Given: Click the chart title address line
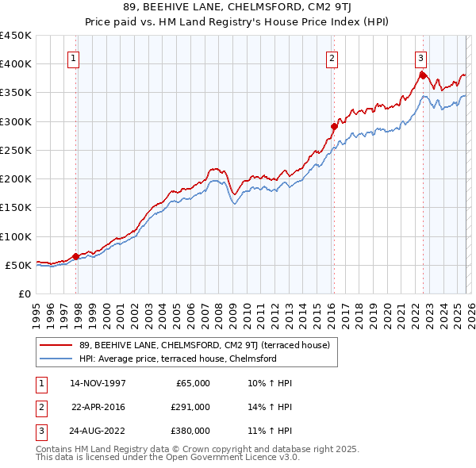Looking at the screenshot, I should coord(238,8).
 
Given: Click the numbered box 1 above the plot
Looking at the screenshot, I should coord(73,57).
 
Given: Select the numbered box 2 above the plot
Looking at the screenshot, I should coord(331,57).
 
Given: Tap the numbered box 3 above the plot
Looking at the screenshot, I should coord(420,57).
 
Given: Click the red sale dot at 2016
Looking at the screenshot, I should coord(335,125).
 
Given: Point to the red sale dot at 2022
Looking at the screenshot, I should coord(423,75).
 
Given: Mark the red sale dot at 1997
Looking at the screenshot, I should coord(76,256).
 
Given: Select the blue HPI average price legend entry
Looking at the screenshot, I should coord(177,359).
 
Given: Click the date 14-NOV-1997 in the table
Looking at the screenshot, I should coord(98,383).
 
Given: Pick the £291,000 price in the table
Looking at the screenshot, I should coord(190,407).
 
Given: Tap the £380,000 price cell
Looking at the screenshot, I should coord(190,431).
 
